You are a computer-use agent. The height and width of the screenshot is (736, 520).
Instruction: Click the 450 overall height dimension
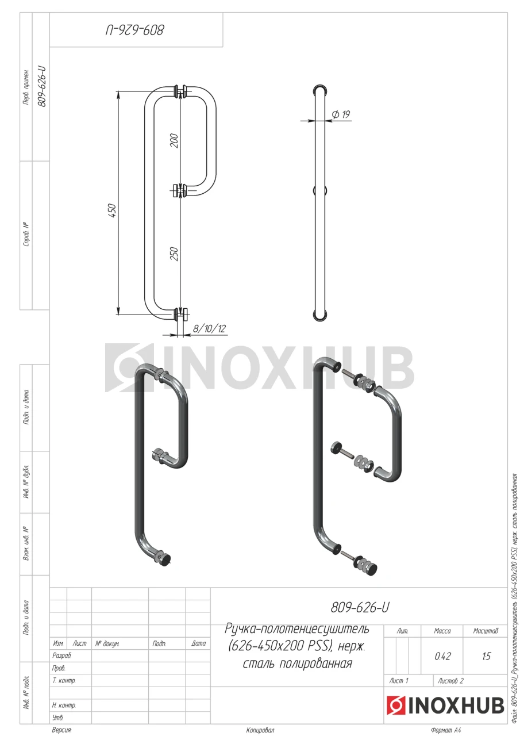[x=112, y=211]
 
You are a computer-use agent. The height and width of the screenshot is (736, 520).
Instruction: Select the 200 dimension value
[x=174, y=141]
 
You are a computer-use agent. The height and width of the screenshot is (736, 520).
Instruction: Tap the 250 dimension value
[x=174, y=254]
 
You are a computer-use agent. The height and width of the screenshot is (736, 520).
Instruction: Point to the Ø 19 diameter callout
[x=341, y=114]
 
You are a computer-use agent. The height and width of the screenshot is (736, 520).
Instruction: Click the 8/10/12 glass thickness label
[x=210, y=328]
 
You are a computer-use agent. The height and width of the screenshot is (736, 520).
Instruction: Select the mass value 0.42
[x=442, y=656]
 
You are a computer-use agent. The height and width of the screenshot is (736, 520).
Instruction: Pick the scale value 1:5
[x=486, y=656]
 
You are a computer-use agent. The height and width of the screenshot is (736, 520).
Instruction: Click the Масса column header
[x=442, y=631]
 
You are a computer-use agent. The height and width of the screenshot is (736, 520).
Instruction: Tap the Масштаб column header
[x=486, y=631]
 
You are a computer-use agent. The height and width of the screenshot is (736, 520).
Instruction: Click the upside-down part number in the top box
[x=135, y=30]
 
